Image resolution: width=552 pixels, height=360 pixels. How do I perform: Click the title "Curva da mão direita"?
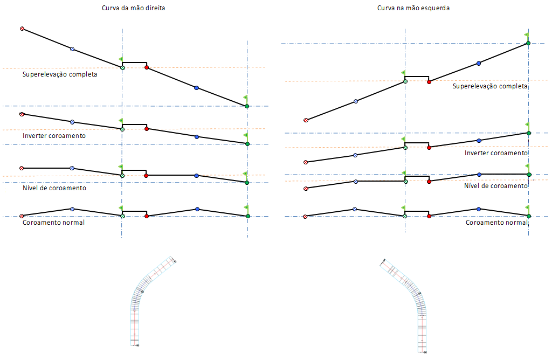133,9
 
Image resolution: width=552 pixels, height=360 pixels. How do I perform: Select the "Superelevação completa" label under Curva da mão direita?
60,74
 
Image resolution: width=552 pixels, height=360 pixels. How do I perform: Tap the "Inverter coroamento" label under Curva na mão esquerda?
496,153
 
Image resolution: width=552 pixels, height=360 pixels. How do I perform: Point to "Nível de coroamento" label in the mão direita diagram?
54,188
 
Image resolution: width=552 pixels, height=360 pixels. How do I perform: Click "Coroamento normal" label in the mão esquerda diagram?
496,222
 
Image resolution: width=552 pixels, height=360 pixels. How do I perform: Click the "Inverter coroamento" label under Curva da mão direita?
54,136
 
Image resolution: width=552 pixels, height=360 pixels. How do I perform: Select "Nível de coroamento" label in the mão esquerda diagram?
496,185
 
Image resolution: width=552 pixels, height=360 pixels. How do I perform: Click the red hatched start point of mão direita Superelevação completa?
22,29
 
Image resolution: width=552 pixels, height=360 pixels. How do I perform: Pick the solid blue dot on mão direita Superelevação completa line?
196,87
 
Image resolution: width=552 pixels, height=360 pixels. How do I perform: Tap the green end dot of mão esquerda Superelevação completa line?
528,43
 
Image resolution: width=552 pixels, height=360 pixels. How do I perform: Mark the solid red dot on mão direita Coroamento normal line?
147,216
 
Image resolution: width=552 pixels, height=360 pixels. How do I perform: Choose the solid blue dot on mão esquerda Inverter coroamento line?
479,141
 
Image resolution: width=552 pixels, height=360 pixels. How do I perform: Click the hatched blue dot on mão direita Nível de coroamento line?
72,168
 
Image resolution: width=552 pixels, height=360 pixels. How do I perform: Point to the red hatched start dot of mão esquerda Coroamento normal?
305,217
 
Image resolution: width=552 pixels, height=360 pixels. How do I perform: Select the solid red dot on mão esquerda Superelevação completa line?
429,82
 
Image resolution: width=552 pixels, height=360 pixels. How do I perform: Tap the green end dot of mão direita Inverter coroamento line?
247,143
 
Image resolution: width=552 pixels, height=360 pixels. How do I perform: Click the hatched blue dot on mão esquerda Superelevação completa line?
355,101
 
